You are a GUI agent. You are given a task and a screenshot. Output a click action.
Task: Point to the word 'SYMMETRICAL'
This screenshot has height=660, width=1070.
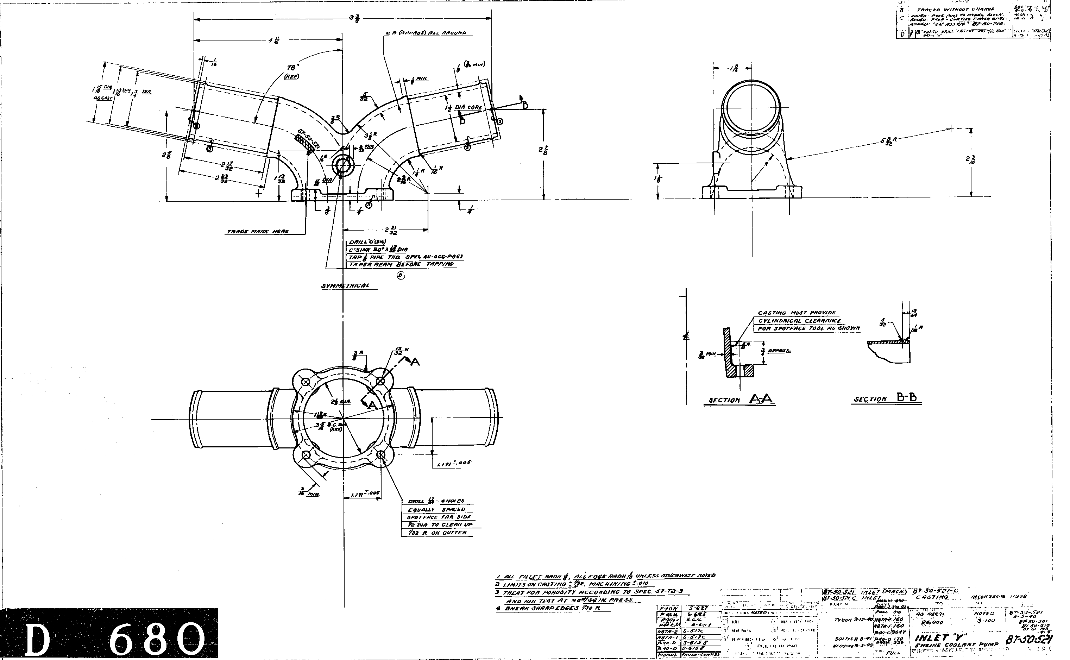[x=345, y=286]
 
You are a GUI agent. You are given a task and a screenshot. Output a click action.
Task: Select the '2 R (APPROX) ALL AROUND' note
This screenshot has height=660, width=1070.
[x=426, y=33]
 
